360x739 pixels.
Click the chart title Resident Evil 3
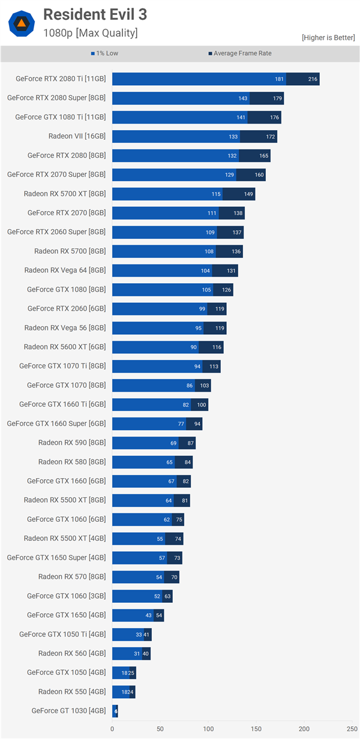point(95,14)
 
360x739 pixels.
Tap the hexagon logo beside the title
point(21,23)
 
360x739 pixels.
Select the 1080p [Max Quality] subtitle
point(90,33)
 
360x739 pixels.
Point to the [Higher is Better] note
point(328,38)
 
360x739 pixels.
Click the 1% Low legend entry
point(104,53)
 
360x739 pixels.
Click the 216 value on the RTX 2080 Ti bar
point(312,79)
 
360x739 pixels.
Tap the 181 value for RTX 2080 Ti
point(280,79)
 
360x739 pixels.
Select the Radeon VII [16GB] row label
point(77,136)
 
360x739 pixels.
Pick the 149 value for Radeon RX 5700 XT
point(248,194)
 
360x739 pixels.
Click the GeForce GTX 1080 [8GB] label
point(66,289)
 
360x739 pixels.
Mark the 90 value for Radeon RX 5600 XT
point(194,347)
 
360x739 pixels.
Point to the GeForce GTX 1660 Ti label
point(62,404)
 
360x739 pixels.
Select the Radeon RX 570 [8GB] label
point(72,576)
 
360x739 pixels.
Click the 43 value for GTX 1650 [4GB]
point(148,615)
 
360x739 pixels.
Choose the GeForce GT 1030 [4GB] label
point(68,711)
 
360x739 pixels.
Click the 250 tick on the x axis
point(352,729)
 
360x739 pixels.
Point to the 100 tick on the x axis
point(208,729)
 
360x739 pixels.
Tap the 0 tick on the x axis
point(112,729)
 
